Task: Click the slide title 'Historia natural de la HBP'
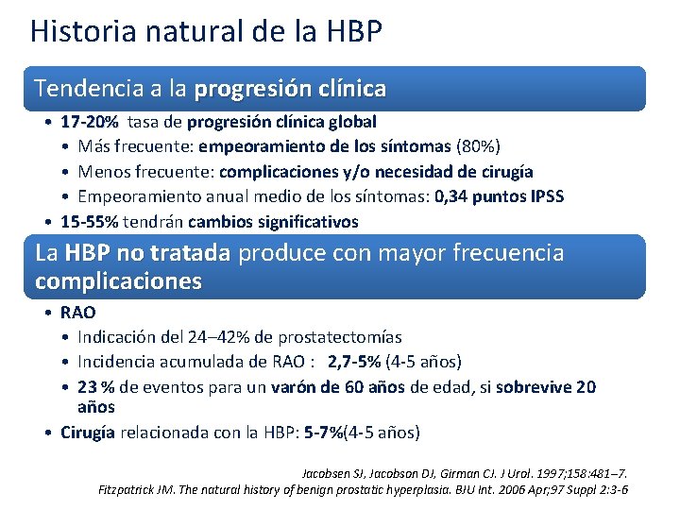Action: click(206, 31)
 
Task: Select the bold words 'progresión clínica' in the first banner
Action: click(290, 89)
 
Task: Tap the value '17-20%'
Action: click(90, 122)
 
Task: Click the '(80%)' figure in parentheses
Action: click(478, 146)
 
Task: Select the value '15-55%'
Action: click(90, 222)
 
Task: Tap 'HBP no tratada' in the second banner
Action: click(147, 253)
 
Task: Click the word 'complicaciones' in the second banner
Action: click(118, 281)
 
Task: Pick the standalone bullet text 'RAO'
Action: click(77, 313)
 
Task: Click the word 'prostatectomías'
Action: click(345, 337)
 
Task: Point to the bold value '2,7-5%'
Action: click(355, 362)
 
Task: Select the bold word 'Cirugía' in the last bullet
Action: click(88, 433)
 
